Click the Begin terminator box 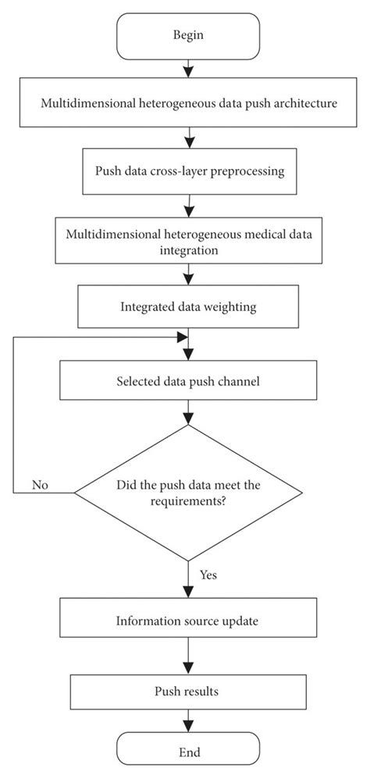[x=188, y=36]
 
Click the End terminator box [x=188, y=752]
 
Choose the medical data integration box [x=188, y=239]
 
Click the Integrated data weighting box [x=188, y=306]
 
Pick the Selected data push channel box [x=188, y=382]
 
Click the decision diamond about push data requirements [x=188, y=493]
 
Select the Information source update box [x=188, y=621]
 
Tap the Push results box [x=188, y=691]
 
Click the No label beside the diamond [x=40, y=485]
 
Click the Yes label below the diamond [x=208, y=575]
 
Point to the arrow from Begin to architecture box [x=188, y=69]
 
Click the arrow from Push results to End [x=188, y=722]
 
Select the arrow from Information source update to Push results [x=188, y=656]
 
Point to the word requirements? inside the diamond [x=188, y=501]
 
